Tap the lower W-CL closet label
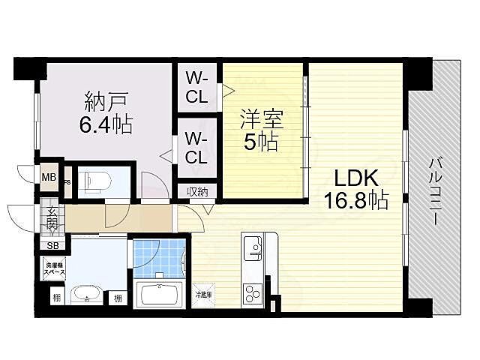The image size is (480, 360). tap(197, 148)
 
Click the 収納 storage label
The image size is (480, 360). tap(197, 190)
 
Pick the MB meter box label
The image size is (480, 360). tap(48, 178)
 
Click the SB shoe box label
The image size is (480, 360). tap(52, 245)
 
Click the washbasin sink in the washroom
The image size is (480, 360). tap(88, 295)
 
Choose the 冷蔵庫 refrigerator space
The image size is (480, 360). tap(202, 295)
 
